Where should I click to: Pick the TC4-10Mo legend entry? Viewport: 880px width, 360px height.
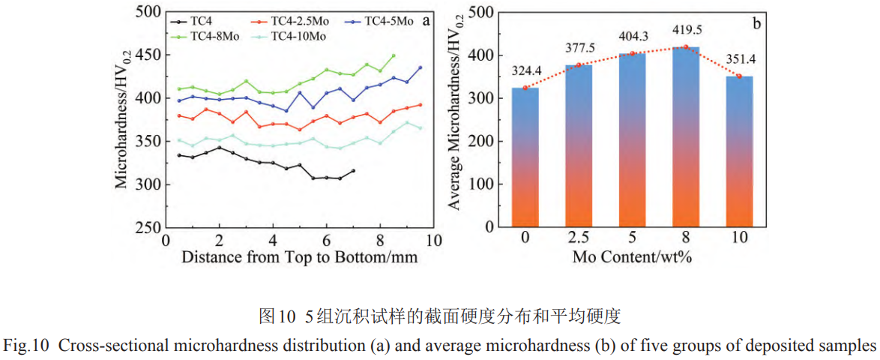297,36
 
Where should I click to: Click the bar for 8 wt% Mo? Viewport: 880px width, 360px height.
685,135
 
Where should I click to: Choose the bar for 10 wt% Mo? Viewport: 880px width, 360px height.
738,150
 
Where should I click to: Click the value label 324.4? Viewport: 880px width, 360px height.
526,71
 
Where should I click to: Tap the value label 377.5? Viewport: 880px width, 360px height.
578,49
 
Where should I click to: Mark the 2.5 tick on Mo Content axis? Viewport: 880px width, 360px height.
578,239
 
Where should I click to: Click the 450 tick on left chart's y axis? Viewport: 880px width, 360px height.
148,55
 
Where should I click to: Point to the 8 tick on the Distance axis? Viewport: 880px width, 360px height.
380,240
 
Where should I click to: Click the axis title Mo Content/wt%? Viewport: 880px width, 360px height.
631,256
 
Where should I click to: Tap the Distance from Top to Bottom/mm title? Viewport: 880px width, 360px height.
299,256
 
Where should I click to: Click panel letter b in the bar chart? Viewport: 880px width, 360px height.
757,23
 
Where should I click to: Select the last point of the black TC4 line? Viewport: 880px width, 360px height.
353,171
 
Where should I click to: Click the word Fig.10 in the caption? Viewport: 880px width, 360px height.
26,346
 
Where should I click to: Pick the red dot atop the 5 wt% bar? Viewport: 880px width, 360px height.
632,53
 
